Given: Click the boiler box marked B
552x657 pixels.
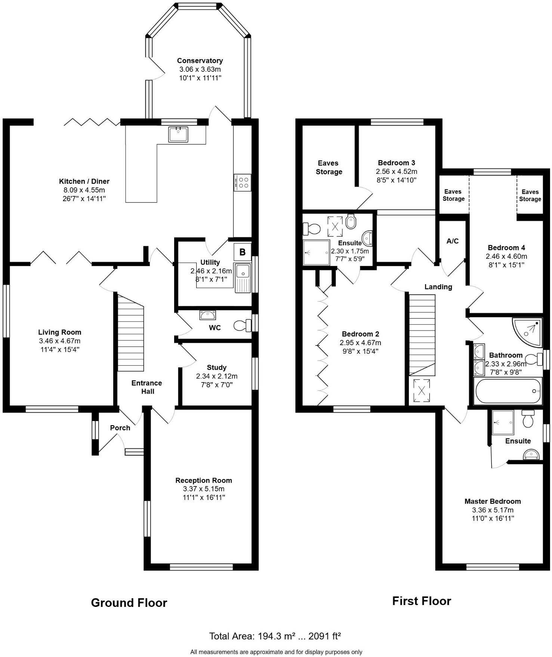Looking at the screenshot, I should (242, 252).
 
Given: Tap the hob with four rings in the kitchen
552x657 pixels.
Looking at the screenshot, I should (243, 182).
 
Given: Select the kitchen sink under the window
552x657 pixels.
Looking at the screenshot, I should (178, 134).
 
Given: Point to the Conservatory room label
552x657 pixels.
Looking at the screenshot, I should (200, 61).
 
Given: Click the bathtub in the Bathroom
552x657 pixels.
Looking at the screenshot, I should (508, 391).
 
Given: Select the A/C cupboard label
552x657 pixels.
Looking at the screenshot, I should (452, 241).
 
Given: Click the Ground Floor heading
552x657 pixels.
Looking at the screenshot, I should (129, 602).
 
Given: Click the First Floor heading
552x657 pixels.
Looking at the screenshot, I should (422, 601).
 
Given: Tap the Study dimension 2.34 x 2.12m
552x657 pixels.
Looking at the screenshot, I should (217, 376).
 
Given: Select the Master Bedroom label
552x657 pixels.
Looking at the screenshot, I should (493, 501).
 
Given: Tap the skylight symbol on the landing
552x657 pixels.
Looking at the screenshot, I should (421, 390).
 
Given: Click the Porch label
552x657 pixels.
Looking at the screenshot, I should (120, 428).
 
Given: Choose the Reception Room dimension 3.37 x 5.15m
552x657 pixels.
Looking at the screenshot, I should (204, 489).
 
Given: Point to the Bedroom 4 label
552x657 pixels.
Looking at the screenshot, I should (506, 248).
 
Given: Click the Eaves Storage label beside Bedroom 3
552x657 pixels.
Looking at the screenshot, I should (329, 167).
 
